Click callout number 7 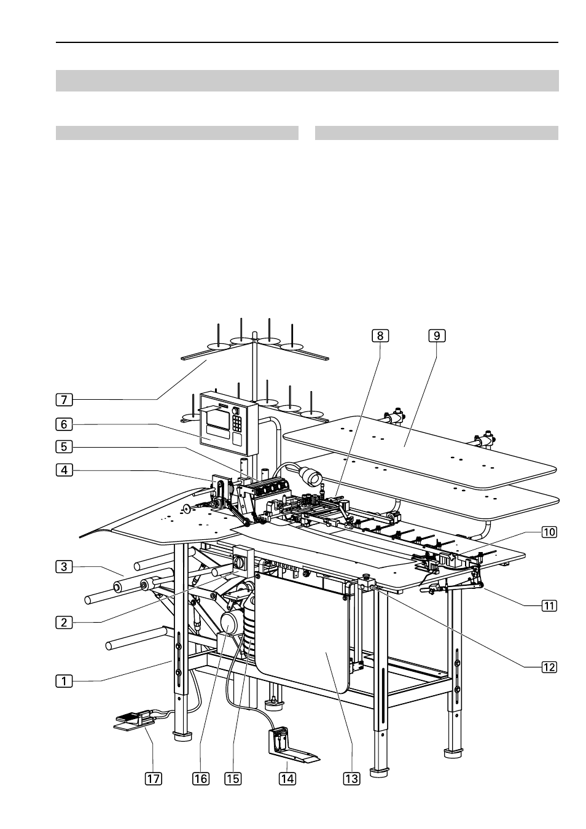pos(64,400)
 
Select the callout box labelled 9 pos(437,336)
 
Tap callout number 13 pos(351,779)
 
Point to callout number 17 pos(153,779)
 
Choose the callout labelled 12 pos(549,667)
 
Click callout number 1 pos(64,681)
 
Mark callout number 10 pos(549,532)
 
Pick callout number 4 pos(64,470)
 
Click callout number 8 pos(380,336)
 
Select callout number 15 pos(232,779)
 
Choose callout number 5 pos(64,446)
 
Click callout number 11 pos(549,606)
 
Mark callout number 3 pos(64,567)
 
